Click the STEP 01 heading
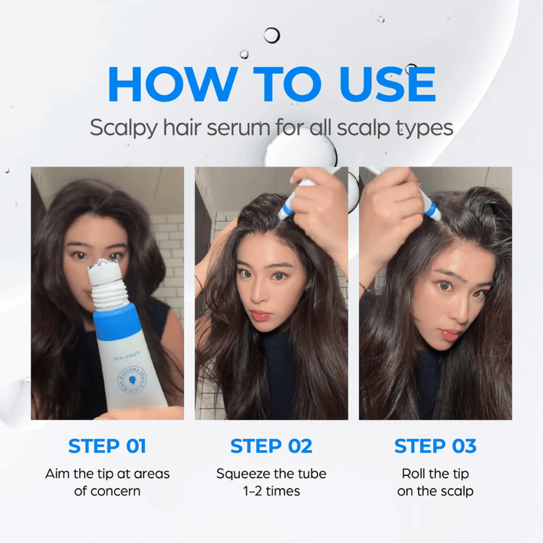click(107, 446)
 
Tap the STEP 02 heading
click(271, 446)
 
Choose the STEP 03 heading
click(435, 446)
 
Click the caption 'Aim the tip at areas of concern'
click(107, 482)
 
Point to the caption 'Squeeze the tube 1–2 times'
click(271, 482)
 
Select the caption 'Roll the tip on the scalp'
click(435, 482)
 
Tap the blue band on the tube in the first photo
click(118, 320)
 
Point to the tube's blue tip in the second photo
click(287, 210)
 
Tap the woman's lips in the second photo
click(262, 314)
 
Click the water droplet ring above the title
click(271, 35)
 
